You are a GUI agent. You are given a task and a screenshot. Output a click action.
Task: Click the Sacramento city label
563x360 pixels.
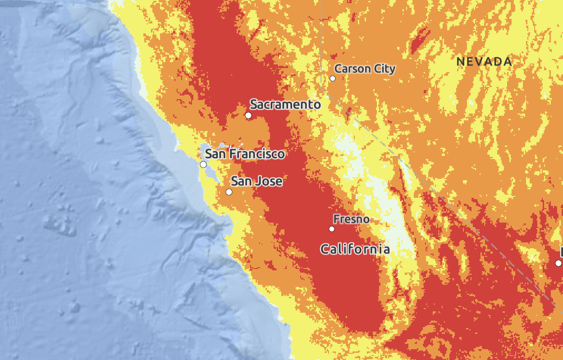click(285, 105)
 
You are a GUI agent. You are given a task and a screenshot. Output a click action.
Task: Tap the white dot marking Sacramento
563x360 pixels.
click(248, 115)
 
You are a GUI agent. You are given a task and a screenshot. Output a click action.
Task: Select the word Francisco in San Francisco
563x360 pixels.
click(257, 154)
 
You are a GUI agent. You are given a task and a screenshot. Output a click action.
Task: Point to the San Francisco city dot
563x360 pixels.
click(203, 164)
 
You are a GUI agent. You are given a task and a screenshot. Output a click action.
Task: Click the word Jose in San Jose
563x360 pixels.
click(269, 182)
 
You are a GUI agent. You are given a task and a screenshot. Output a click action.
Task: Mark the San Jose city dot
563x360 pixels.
click(229, 192)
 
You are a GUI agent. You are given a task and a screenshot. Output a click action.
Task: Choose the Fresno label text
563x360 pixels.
click(351, 219)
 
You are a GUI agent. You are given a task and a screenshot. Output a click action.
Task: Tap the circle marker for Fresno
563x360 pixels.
click(332, 229)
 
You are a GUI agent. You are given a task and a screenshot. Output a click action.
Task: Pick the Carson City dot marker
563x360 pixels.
click(333, 78)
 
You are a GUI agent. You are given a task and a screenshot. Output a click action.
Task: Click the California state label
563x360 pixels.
click(355, 249)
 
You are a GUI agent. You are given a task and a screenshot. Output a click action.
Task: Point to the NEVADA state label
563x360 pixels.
click(484, 62)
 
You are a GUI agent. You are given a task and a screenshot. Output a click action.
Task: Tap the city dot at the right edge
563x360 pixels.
click(558, 263)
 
